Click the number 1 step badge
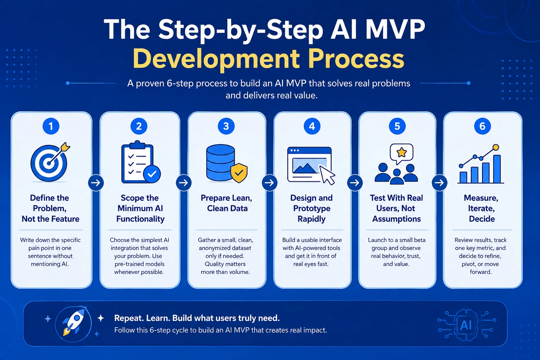[x=51, y=126]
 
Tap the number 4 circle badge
[x=312, y=126]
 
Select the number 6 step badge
[x=482, y=126]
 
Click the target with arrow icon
[x=50, y=162]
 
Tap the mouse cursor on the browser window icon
[x=327, y=175]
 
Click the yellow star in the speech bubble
[x=401, y=152]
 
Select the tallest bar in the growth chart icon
[x=497, y=169]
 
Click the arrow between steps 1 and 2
[x=96, y=183]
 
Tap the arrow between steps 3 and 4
[x=270, y=183]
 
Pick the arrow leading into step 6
[x=439, y=183]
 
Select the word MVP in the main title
[x=395, y=30]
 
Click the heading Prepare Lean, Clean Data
[x=227, y=203]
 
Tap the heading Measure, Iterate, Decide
[x=481, y=208]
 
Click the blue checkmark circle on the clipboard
[x=152, y=174]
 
